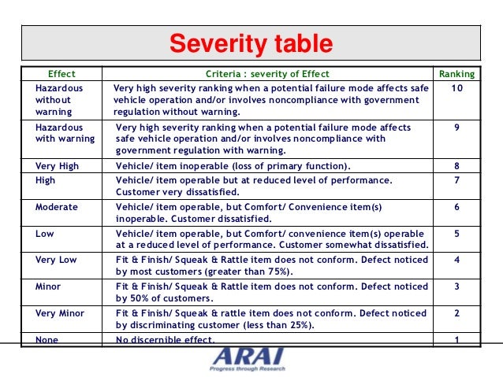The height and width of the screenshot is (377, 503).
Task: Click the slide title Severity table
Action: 251,44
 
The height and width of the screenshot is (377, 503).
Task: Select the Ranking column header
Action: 457,74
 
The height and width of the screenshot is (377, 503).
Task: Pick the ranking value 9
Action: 457,127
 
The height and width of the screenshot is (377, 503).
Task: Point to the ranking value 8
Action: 457,166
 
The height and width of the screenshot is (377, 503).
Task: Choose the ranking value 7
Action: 457,180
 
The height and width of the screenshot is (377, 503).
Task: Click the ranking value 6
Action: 457,207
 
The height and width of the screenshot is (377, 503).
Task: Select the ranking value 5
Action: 457,234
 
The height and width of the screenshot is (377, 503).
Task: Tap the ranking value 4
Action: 457,260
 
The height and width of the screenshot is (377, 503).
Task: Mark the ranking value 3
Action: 457,286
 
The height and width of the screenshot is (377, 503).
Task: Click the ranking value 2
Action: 457,313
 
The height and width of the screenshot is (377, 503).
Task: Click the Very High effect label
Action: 57,166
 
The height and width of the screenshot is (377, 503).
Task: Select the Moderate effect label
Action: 57,207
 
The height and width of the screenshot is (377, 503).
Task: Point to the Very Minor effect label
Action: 60,313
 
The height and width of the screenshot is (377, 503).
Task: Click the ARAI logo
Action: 248,358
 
